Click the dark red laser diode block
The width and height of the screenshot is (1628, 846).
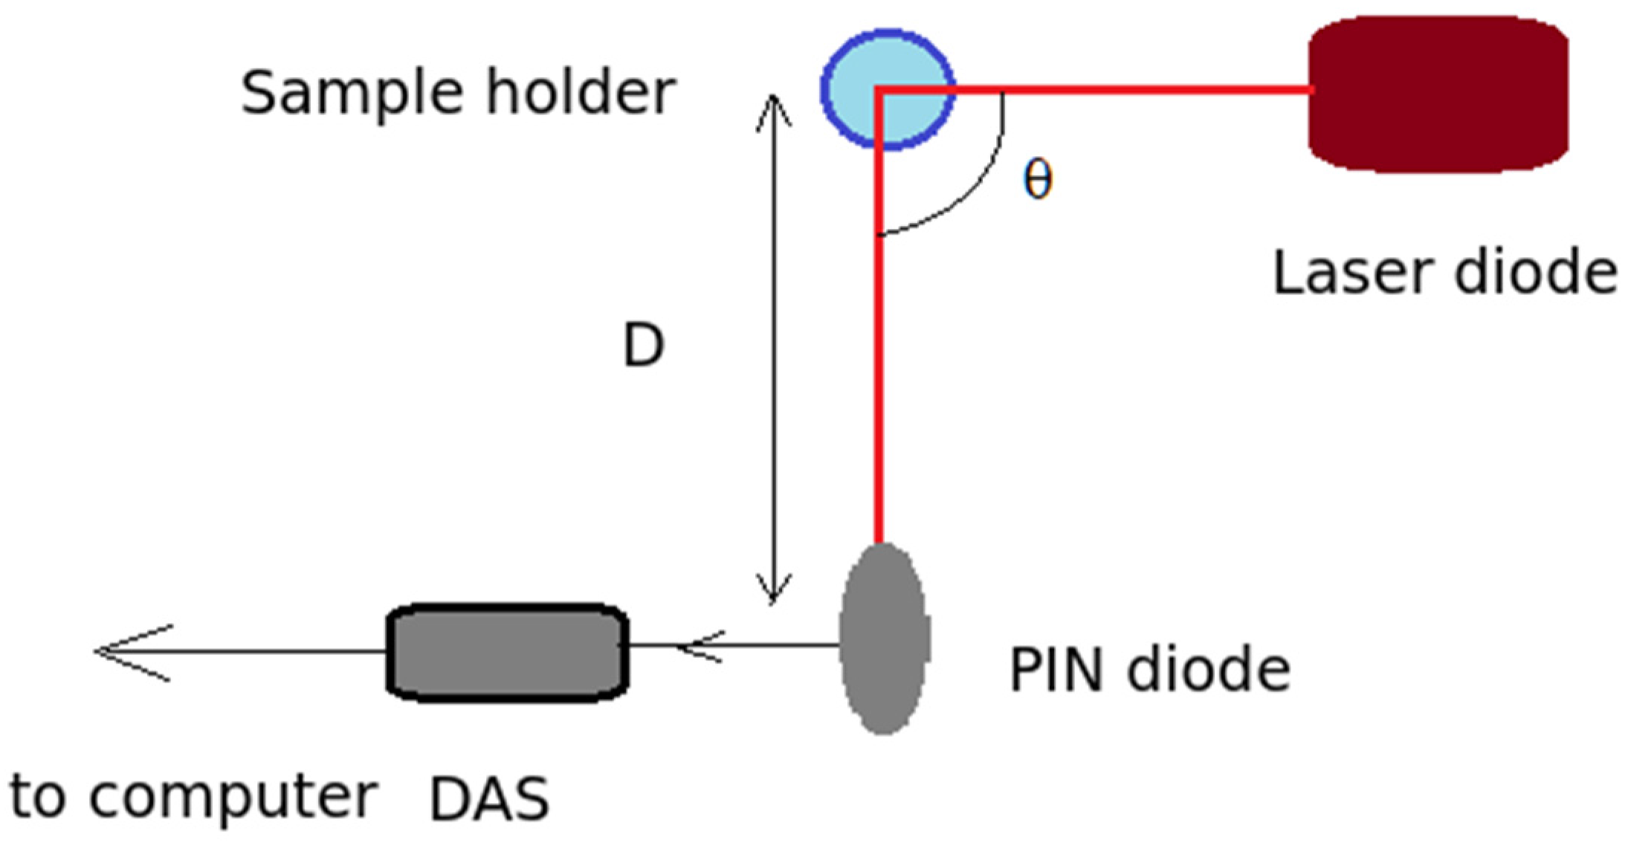(1438, 94)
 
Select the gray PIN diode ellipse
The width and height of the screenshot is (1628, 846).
(884, 639)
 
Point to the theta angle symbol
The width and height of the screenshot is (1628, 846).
(1038, 181)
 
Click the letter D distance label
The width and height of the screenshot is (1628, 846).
(642, 346)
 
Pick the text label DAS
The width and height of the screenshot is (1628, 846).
(489, 799)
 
